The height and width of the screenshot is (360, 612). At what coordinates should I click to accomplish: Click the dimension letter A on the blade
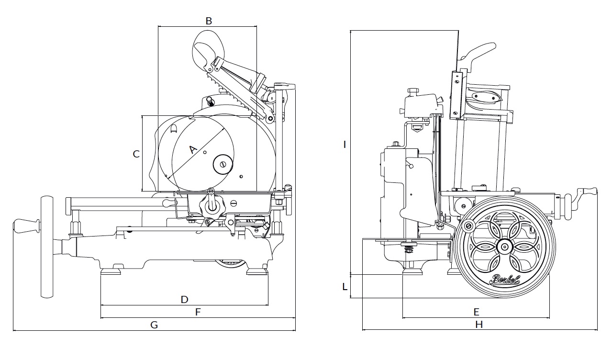tap(193, 149)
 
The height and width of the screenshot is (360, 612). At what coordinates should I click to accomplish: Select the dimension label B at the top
tap(209, 21)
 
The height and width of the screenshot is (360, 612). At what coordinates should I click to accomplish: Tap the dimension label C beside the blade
tap(136, 154)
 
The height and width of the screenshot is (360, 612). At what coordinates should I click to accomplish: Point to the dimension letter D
tap(184, 300)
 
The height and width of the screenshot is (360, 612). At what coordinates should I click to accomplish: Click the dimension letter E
tap(476, 312)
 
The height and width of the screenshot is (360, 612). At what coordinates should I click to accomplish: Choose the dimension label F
tap(198, 312)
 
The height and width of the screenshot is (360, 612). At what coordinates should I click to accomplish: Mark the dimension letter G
tap(154, 325)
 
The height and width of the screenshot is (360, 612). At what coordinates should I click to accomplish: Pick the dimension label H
tap(479, 325)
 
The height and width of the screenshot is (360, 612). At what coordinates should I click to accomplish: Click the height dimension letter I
tap(345, 144)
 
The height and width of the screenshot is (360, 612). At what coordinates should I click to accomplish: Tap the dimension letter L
tap(345, 287)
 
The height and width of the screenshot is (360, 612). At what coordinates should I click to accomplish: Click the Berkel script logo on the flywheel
tap(504, 281)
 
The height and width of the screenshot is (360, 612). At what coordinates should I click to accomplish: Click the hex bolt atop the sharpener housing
tap(412, 90)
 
